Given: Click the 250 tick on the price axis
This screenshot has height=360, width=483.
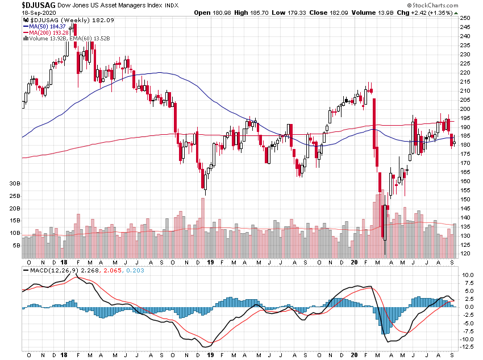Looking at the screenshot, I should click(x=465, y=18).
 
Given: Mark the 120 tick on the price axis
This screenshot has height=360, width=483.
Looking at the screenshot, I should click(x=465, y=253).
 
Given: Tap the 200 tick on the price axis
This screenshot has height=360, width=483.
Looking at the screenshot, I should click(x=465, y=109).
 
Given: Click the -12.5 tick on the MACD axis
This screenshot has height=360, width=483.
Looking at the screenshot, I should click(x=468, y=347).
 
